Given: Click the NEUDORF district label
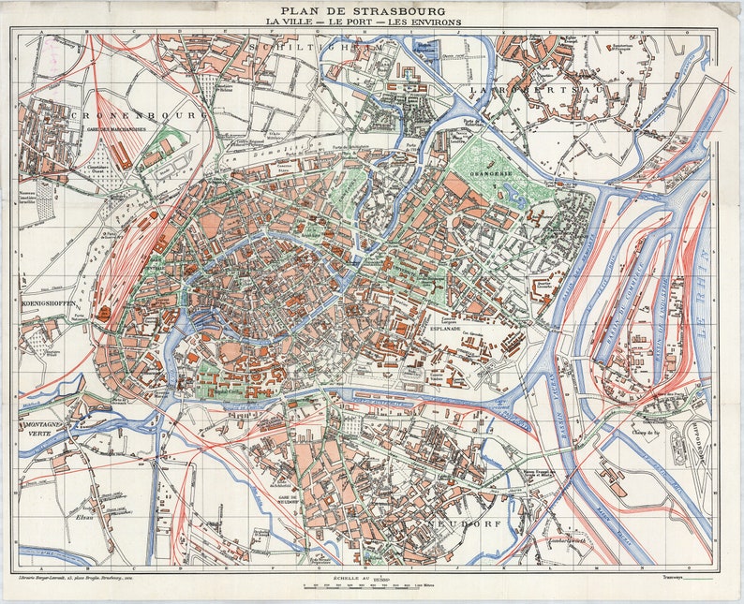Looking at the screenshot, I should click(x=465, y=523).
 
